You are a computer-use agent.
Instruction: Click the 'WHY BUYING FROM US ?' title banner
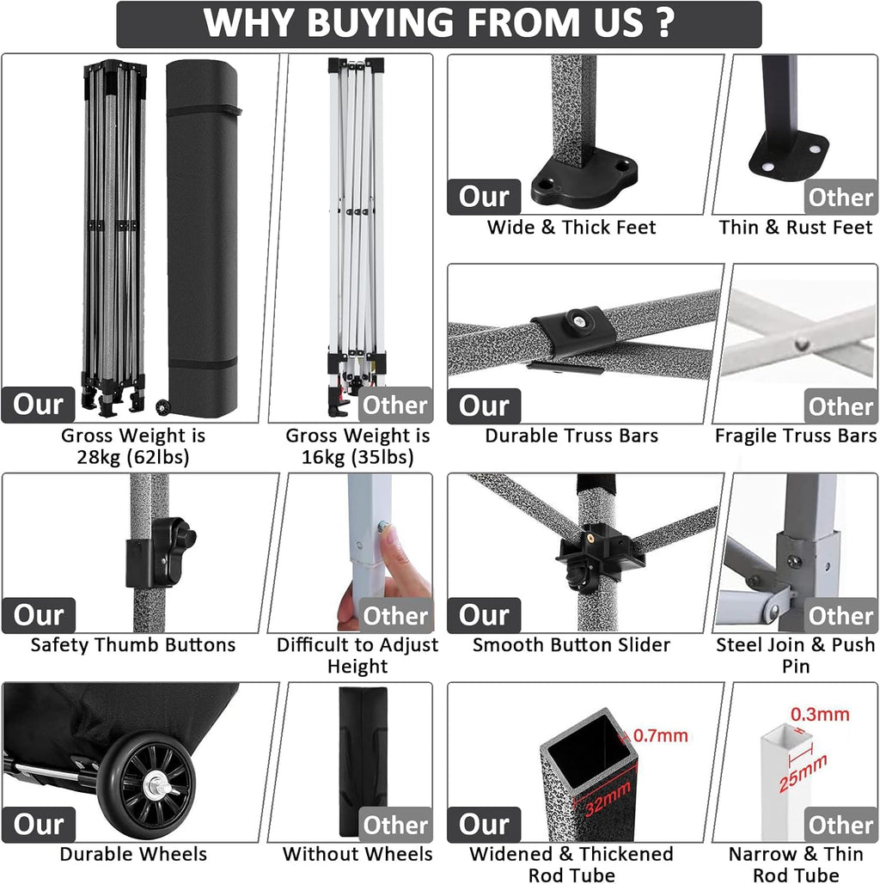coord(439,24)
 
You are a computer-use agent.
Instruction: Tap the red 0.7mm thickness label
coord(661,735)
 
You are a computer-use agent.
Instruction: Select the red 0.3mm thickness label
coord(820,714)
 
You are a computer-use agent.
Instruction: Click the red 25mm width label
coord(804,773)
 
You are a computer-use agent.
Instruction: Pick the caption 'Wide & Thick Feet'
coord(571,227)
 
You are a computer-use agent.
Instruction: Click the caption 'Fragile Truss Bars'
coord(796,436)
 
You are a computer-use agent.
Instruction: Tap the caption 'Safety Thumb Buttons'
coord(133,645)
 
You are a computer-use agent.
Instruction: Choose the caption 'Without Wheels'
coord(357,854)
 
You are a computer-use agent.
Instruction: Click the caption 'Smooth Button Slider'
coord(571,645)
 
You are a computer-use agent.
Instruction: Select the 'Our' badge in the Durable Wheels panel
coord(39,825)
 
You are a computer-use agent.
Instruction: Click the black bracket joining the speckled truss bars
coord(571,332)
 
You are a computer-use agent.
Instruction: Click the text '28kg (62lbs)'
coord(133,457)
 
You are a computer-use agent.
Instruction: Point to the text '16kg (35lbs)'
coord(357,457)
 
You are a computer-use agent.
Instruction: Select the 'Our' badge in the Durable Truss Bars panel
coord(484,405)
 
